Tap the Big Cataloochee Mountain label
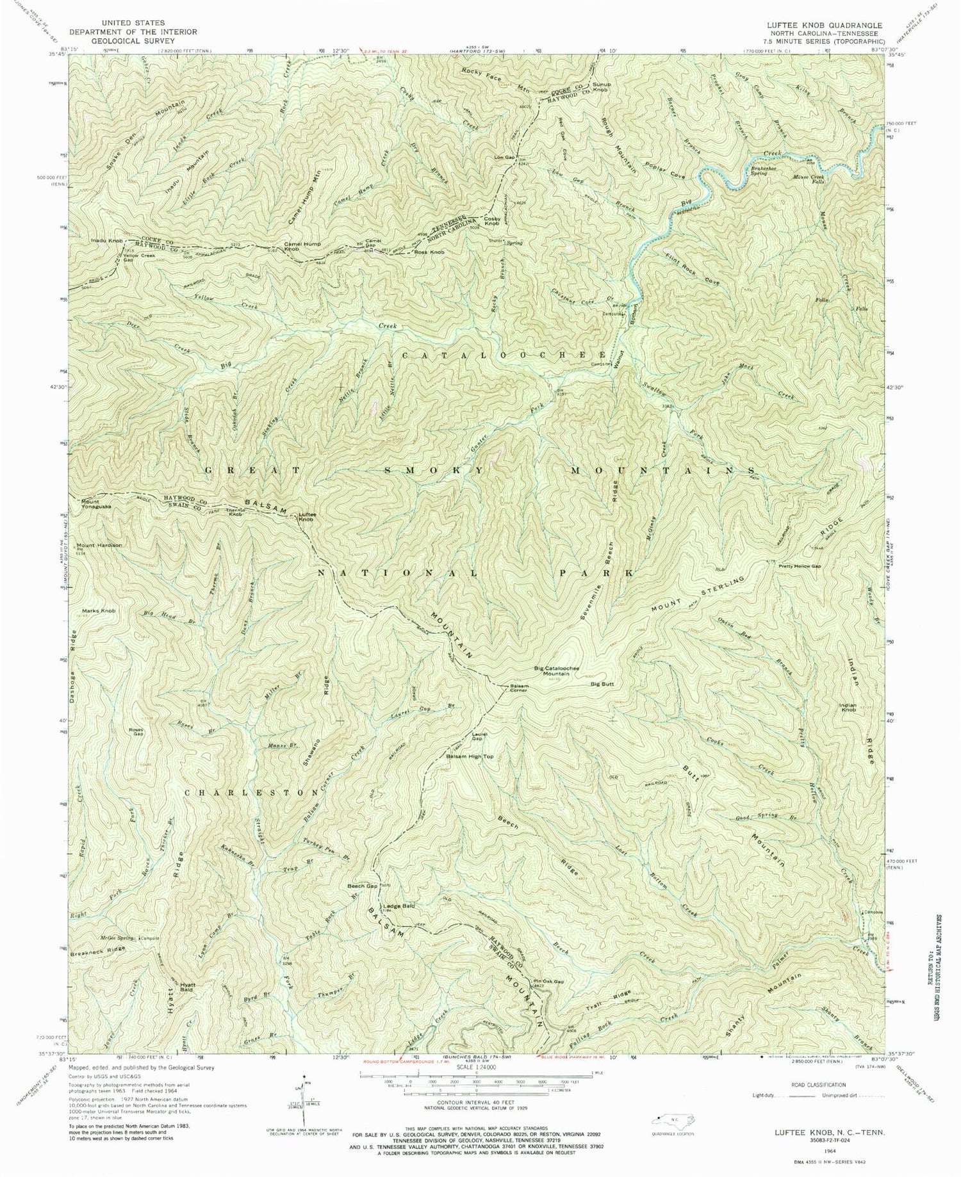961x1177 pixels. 557,671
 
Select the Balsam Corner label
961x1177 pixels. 519,689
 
